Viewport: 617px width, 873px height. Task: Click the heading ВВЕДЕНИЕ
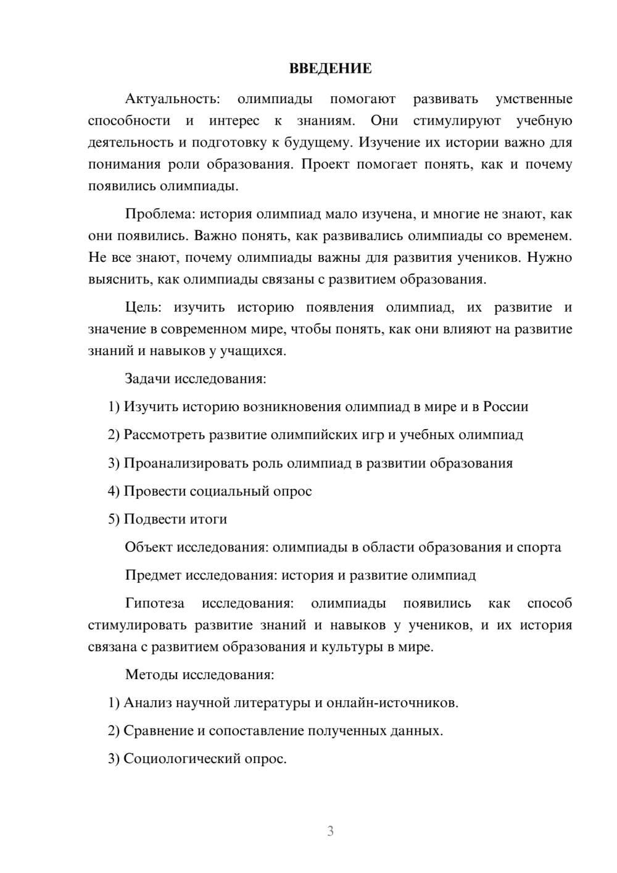click(x=330, y=69)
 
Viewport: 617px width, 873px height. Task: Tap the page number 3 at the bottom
click(x=330, y=831)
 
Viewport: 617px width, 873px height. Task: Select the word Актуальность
click(x=172, y=99)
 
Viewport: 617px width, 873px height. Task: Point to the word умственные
click(x=534, y=99)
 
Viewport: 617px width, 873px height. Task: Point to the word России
click(x=505, y=407)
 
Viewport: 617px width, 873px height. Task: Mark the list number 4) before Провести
click(x=114, y=491)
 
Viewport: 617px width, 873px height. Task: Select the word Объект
click(x=149, y=547)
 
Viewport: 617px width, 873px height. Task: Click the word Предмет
click(x=153, y=575)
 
